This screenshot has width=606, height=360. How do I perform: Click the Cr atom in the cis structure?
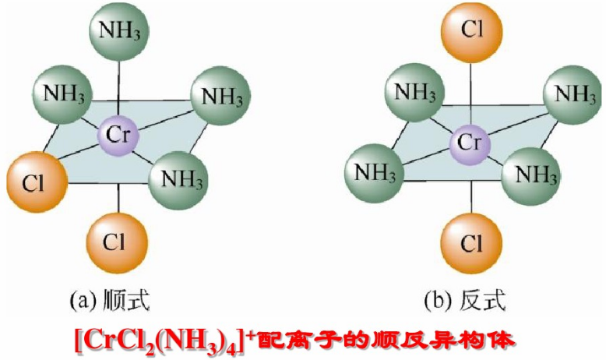coord(118,137)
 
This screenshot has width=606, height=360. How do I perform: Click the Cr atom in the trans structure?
coord(468,142)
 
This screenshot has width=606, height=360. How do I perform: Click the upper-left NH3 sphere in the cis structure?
coord(62,95)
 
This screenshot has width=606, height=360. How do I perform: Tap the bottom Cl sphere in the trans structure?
coord(469,244)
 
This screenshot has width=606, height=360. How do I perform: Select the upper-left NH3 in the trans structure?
coord(414,91)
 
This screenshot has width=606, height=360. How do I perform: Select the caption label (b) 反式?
coord(467,298)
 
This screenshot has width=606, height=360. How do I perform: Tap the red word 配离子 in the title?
coord(296,338)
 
